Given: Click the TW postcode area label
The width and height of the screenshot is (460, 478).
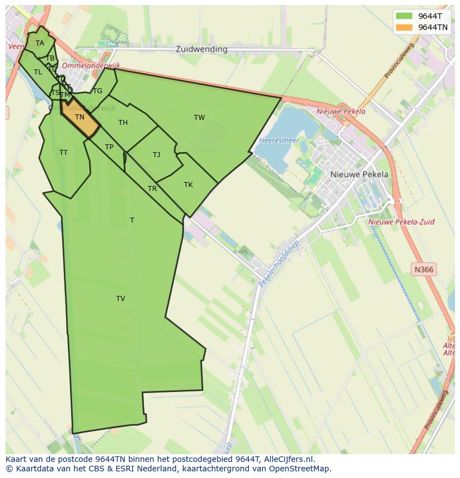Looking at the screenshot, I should point(199,117).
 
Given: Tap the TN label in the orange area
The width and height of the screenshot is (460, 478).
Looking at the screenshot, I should point(79,117).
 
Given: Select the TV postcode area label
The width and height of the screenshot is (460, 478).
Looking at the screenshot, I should point(121,299).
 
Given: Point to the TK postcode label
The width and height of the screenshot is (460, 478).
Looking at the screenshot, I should point(188,185).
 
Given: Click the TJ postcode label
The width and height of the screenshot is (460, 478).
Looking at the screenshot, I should point(156,155).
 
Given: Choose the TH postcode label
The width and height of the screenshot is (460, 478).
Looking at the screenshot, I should point(123,123).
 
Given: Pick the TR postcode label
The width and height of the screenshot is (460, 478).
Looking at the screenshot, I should point(152,189).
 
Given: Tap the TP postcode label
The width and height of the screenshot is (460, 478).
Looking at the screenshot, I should point(109,147).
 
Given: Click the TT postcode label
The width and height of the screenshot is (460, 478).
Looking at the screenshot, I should point(63,152).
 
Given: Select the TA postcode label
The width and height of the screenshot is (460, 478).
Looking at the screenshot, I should point(39,43).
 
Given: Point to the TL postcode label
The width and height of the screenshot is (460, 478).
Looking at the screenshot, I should point(38,72).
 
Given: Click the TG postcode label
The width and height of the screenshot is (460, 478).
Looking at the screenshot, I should point(98,91).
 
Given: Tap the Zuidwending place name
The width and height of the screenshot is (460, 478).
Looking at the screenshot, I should point(202,49).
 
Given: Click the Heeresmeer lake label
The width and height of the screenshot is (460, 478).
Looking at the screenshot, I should point(279,140).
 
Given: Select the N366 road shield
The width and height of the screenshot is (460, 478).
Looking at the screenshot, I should point(424,270).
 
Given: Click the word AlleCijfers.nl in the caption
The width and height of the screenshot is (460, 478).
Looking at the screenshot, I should point(288,459).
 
